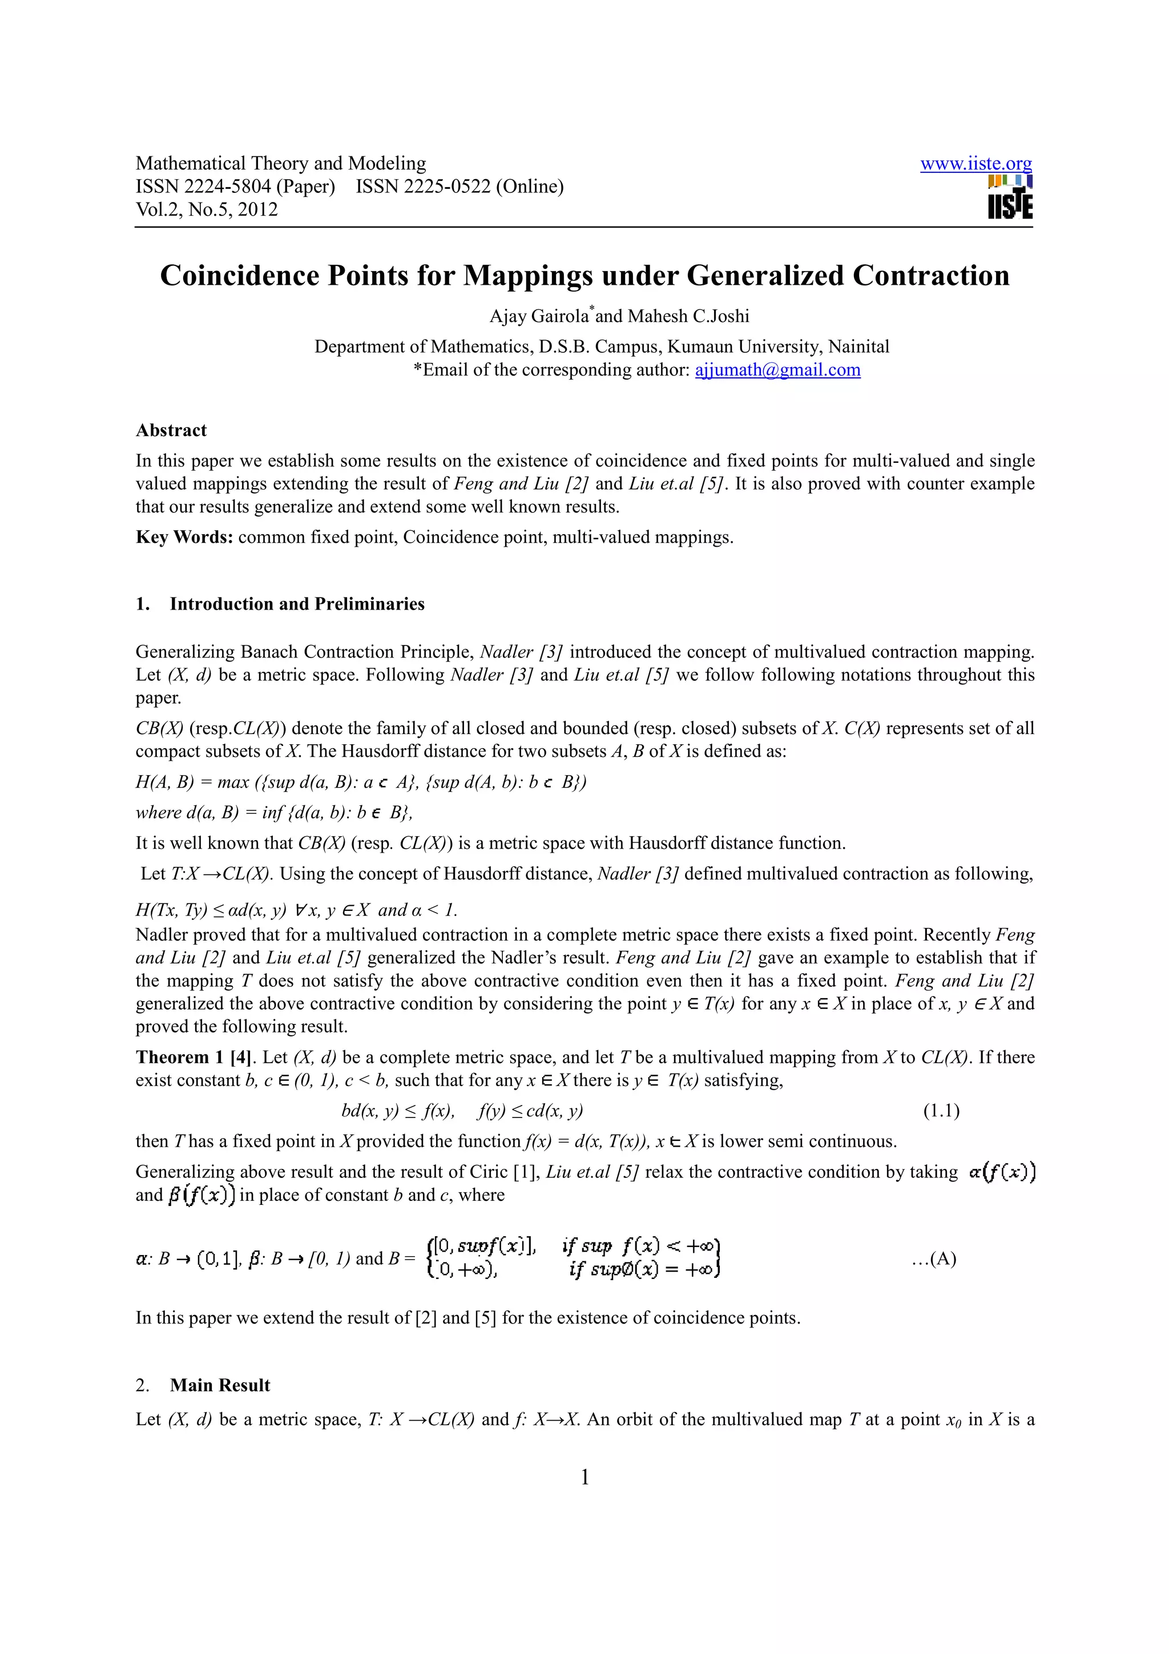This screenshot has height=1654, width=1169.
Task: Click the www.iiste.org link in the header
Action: (x=975, y=164)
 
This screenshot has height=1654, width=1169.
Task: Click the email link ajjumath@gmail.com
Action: (x=777, y=370)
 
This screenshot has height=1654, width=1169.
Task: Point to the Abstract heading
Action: (x=171, y=430)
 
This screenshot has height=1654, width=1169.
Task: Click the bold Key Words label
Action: (x=184, y=538)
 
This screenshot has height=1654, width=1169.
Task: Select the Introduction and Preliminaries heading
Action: (x=297, y=604)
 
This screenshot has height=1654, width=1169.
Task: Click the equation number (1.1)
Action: (x=941, y=1111)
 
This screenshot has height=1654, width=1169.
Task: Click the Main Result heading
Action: (x=220, y=1385)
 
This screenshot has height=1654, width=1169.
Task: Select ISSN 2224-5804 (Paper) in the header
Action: (x=236, y=187)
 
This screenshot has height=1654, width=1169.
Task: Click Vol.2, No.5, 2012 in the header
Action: (x=207, y=209)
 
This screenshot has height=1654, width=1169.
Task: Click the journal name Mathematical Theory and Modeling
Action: (x=281, y=164)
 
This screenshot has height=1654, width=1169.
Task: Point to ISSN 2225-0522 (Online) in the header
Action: (x=459, y=187)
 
